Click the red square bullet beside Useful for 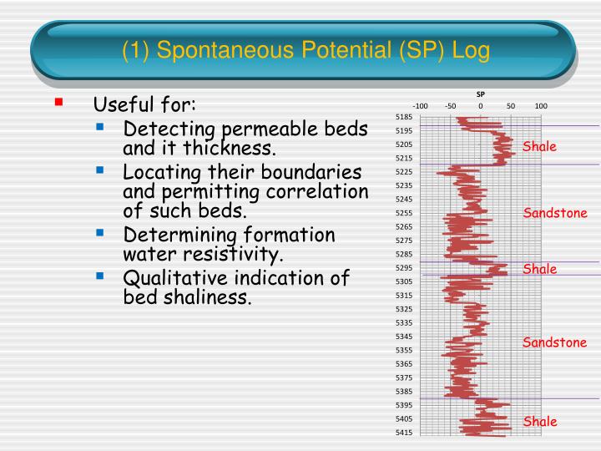[x=58, y=103]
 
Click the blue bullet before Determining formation [x=100, y=233]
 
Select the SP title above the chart [x=481, y=94]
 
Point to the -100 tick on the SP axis [x=421, y=106]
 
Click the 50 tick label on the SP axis [x=511, y=106]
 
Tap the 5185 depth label [x=403, y=118]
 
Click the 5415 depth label [x=403, y=433]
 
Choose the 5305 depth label [x=403, y=282]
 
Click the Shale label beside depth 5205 [x=539, y=147]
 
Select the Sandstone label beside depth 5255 [x=555, y=213]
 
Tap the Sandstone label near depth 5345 [x=555, y=342]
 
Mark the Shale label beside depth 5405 [x=539, y=422]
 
